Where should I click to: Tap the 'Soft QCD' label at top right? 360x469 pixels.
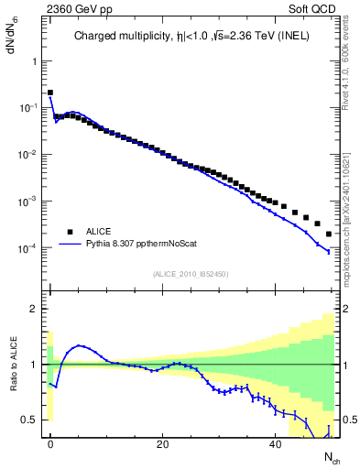(313, 9)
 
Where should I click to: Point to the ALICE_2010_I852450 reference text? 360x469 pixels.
(191, 273)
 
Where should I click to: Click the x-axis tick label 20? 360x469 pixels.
(162, 443)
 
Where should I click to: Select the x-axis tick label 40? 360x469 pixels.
(275, 443)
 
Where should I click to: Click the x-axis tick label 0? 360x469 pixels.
(50, 443)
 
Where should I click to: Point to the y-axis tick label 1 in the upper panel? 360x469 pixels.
(34, 60)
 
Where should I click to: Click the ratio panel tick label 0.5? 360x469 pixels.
(29, 420)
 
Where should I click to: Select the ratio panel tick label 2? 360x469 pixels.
(34, 309)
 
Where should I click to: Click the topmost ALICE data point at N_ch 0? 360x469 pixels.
(50, 93)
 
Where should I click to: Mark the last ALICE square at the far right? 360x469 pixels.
(328, 234)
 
